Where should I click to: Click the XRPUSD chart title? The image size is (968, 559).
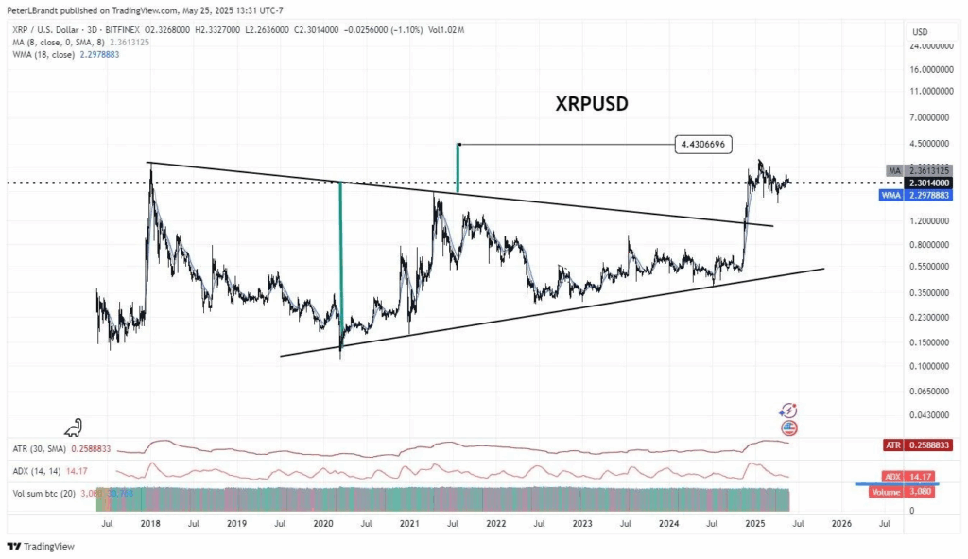(x=592, y=105)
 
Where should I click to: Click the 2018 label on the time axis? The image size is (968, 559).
(x=149, y=522)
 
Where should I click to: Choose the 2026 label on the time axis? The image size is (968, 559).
(x=841, y=522)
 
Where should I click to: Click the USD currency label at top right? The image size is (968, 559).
(x=919, y=31)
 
